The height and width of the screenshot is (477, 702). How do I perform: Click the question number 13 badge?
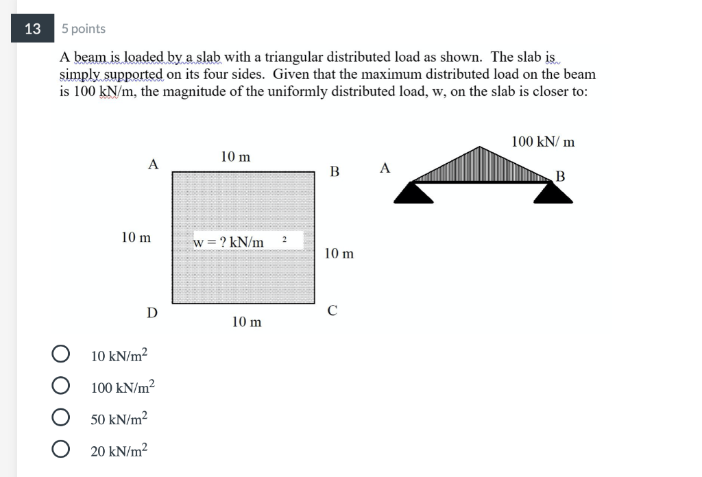coord(32,29)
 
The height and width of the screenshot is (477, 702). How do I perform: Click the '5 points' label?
coord(83,29)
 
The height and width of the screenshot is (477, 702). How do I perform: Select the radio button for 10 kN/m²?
coord(61,355)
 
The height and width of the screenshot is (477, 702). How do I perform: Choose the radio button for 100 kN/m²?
coord(61,387)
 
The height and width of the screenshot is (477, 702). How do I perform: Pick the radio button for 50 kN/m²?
coord(61,418)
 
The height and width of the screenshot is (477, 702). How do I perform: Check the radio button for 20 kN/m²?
coord(61,450)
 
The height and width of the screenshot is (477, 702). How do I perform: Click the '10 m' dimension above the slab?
coord(235,157)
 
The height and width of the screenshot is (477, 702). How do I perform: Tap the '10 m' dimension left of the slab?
coord(136,238)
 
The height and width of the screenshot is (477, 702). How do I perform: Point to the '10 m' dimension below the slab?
coord(246,321)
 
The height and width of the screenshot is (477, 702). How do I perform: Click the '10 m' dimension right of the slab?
coord(339,254)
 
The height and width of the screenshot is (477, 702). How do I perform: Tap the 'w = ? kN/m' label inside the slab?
coord(229,242)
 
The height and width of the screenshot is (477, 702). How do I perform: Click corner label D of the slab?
coord(152,313)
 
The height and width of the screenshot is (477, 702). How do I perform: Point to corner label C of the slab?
coord(332,310)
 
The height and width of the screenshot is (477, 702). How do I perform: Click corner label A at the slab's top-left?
coord(153,164)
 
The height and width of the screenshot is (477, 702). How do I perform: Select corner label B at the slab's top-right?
coord(335,171)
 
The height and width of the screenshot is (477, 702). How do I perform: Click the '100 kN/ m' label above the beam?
coord(543,142)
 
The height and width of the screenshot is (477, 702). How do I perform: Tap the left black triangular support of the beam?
coord(413,193)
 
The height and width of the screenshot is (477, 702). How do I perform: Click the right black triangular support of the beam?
coord(553,193)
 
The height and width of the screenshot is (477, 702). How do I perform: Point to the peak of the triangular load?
coord(483,147)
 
